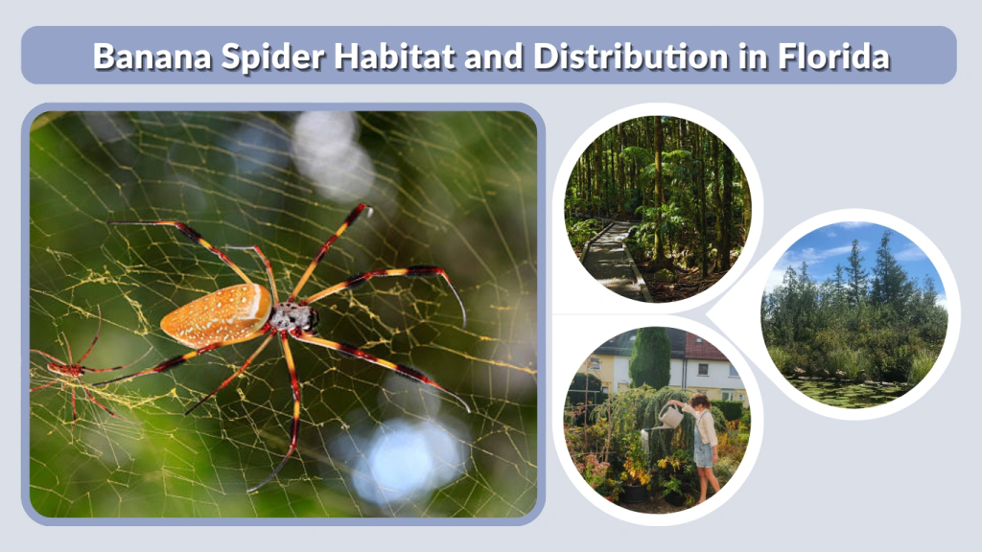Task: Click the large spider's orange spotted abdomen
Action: click(217, 314)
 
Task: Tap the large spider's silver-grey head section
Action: click(293, 317)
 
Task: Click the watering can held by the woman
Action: click(670, 417)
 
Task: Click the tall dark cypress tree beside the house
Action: click(650, 358)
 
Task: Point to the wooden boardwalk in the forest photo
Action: click(615, 259)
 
